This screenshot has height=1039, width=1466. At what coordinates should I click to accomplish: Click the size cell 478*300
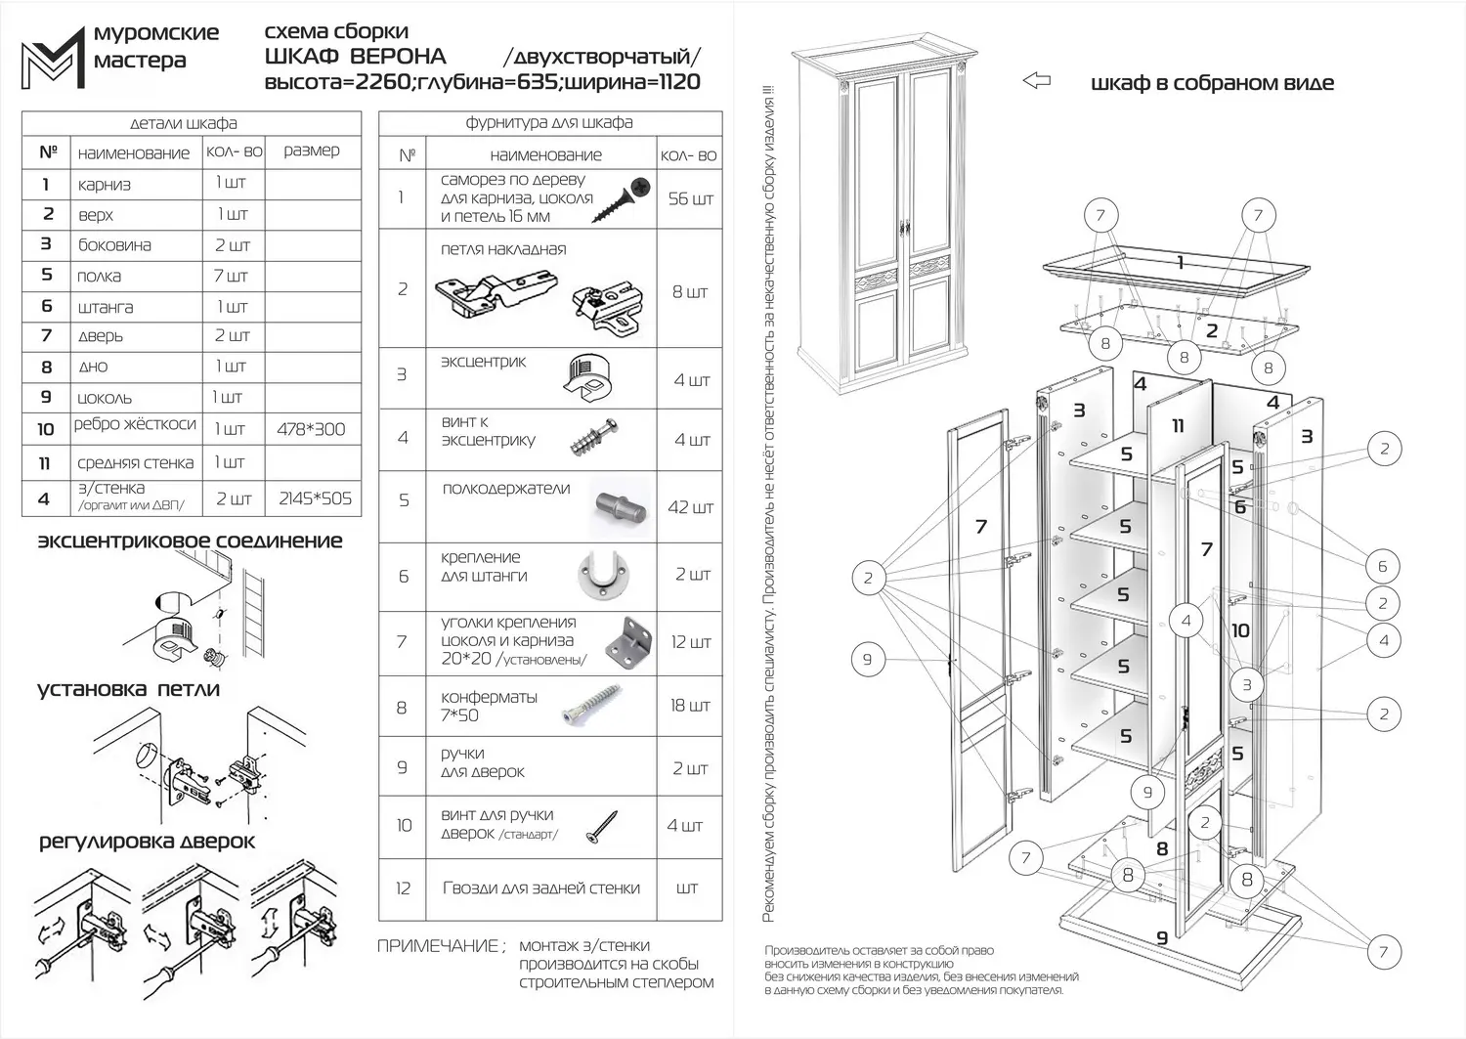pyautogui.click(x=311, y=429)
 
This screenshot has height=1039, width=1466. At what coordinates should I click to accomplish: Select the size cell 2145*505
pyautogui.click(x=315, y=498)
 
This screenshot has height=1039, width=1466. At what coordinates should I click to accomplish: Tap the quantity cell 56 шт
pyautogui.click(x=690, y=199)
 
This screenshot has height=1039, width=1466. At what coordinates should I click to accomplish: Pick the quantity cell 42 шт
pyautogui.click(x=690, y=507)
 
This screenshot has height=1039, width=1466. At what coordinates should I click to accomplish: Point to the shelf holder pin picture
pyautogui.click(x=622, y=507)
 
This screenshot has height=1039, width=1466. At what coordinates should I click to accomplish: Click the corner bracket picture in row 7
pyautogui.click(x=627, y=642)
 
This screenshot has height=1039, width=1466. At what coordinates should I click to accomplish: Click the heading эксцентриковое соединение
pyautogui.click(x=190, y=541)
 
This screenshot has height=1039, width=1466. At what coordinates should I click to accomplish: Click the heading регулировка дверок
pyautogui.click(x=147, y=842)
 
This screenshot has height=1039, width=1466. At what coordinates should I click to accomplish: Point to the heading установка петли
pyautogui.click(x=128, y=689)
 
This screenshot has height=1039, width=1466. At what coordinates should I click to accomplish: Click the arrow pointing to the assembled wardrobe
pyautogui.click(x=1036, y=81)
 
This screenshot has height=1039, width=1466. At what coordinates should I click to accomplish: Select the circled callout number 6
pyautogui.click(x=1382, y=566)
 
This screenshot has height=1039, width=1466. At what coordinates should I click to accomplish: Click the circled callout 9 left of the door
pyautogui.click(x=867, y=659)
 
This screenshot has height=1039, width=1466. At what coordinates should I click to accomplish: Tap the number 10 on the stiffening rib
pyautogui.click(x=1240, y=630)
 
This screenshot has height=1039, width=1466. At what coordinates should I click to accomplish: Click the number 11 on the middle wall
pyautogui.click(x=1178, y=426)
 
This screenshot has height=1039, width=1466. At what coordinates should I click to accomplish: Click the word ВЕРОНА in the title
pyautogui.click(x=397, y=57)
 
